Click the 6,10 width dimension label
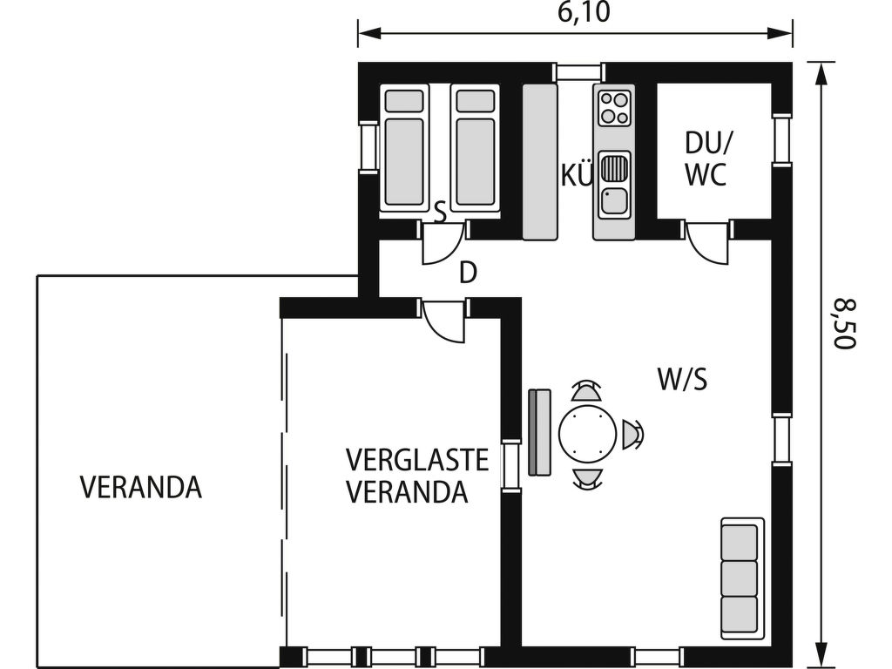[584, 12]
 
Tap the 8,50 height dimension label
[845, 324]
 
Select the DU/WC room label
[706, 159]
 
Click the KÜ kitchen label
[577, 175]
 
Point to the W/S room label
[683, 380]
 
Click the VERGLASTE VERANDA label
[417, 476]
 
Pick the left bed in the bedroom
[404, 150]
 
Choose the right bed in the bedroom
[475, 150]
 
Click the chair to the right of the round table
[632, 435]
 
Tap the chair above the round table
[587, 391]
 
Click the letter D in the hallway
[468, 274]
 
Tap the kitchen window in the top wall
[578, 72]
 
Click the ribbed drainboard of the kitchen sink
[614, 168]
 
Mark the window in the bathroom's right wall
[781, 140]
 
